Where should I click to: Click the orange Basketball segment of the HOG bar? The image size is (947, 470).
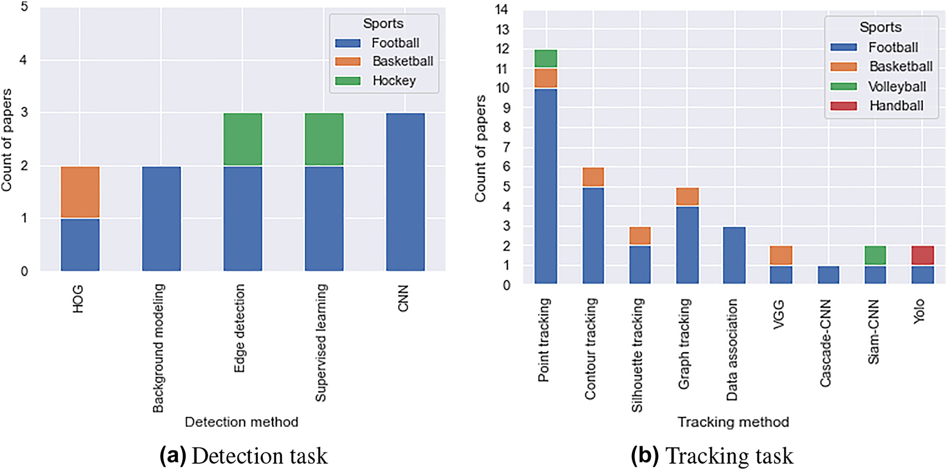80,192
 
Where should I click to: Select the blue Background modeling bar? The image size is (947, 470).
161,219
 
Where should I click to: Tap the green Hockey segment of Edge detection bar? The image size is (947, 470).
242,139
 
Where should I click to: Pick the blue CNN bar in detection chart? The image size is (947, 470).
405,192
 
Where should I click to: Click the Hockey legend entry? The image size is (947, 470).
394,81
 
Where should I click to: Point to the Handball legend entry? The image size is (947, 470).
896,106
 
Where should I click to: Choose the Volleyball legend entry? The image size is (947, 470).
897,87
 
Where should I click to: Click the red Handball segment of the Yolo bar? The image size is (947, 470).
922,256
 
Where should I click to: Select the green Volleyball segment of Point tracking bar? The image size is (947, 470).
546,59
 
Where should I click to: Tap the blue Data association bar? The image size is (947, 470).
734,255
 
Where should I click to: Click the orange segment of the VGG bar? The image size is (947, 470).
781,256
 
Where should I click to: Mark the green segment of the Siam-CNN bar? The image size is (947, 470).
875,256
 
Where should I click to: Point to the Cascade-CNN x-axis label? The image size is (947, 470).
826,343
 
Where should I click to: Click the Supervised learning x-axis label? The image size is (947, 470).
321,342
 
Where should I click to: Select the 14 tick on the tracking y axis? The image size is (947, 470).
501,9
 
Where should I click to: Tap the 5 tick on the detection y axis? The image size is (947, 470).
24,8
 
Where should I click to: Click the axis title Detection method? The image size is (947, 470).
241,422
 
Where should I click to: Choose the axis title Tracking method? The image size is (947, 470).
733,422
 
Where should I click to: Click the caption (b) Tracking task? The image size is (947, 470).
712,456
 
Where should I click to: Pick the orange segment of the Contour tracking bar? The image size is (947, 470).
593,177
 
